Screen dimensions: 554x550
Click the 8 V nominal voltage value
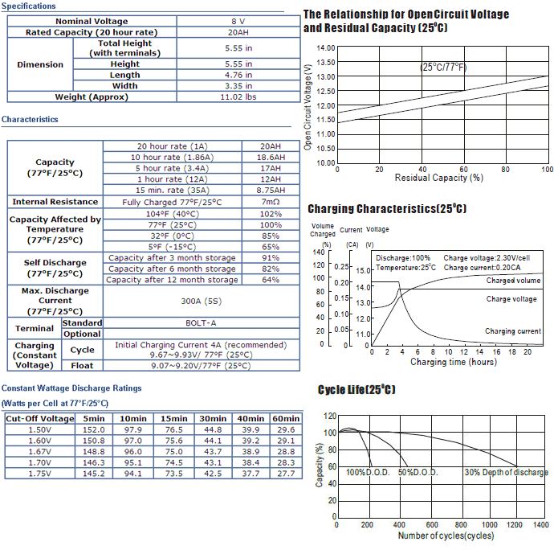238,21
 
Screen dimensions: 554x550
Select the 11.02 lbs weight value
238,97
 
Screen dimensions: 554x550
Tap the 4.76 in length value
238,75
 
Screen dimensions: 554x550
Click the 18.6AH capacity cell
271,157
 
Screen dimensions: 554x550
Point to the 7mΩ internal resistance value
271,202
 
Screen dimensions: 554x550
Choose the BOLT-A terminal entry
201,323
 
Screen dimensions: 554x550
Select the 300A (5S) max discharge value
201,302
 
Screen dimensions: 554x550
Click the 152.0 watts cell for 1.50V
94,429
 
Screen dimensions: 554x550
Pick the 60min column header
286,419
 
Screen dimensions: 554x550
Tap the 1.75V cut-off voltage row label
39,474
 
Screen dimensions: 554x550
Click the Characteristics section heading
30,119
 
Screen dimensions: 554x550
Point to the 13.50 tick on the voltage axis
326,63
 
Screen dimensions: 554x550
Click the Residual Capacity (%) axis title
439,178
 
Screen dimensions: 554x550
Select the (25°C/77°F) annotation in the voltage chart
443,68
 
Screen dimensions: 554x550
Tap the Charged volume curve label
513,281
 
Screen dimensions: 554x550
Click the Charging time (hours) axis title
454,362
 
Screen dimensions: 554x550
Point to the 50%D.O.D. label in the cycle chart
418,473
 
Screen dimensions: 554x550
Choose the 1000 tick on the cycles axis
490,525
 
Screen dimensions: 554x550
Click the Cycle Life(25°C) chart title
356,390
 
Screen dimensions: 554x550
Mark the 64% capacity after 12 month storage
271,280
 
